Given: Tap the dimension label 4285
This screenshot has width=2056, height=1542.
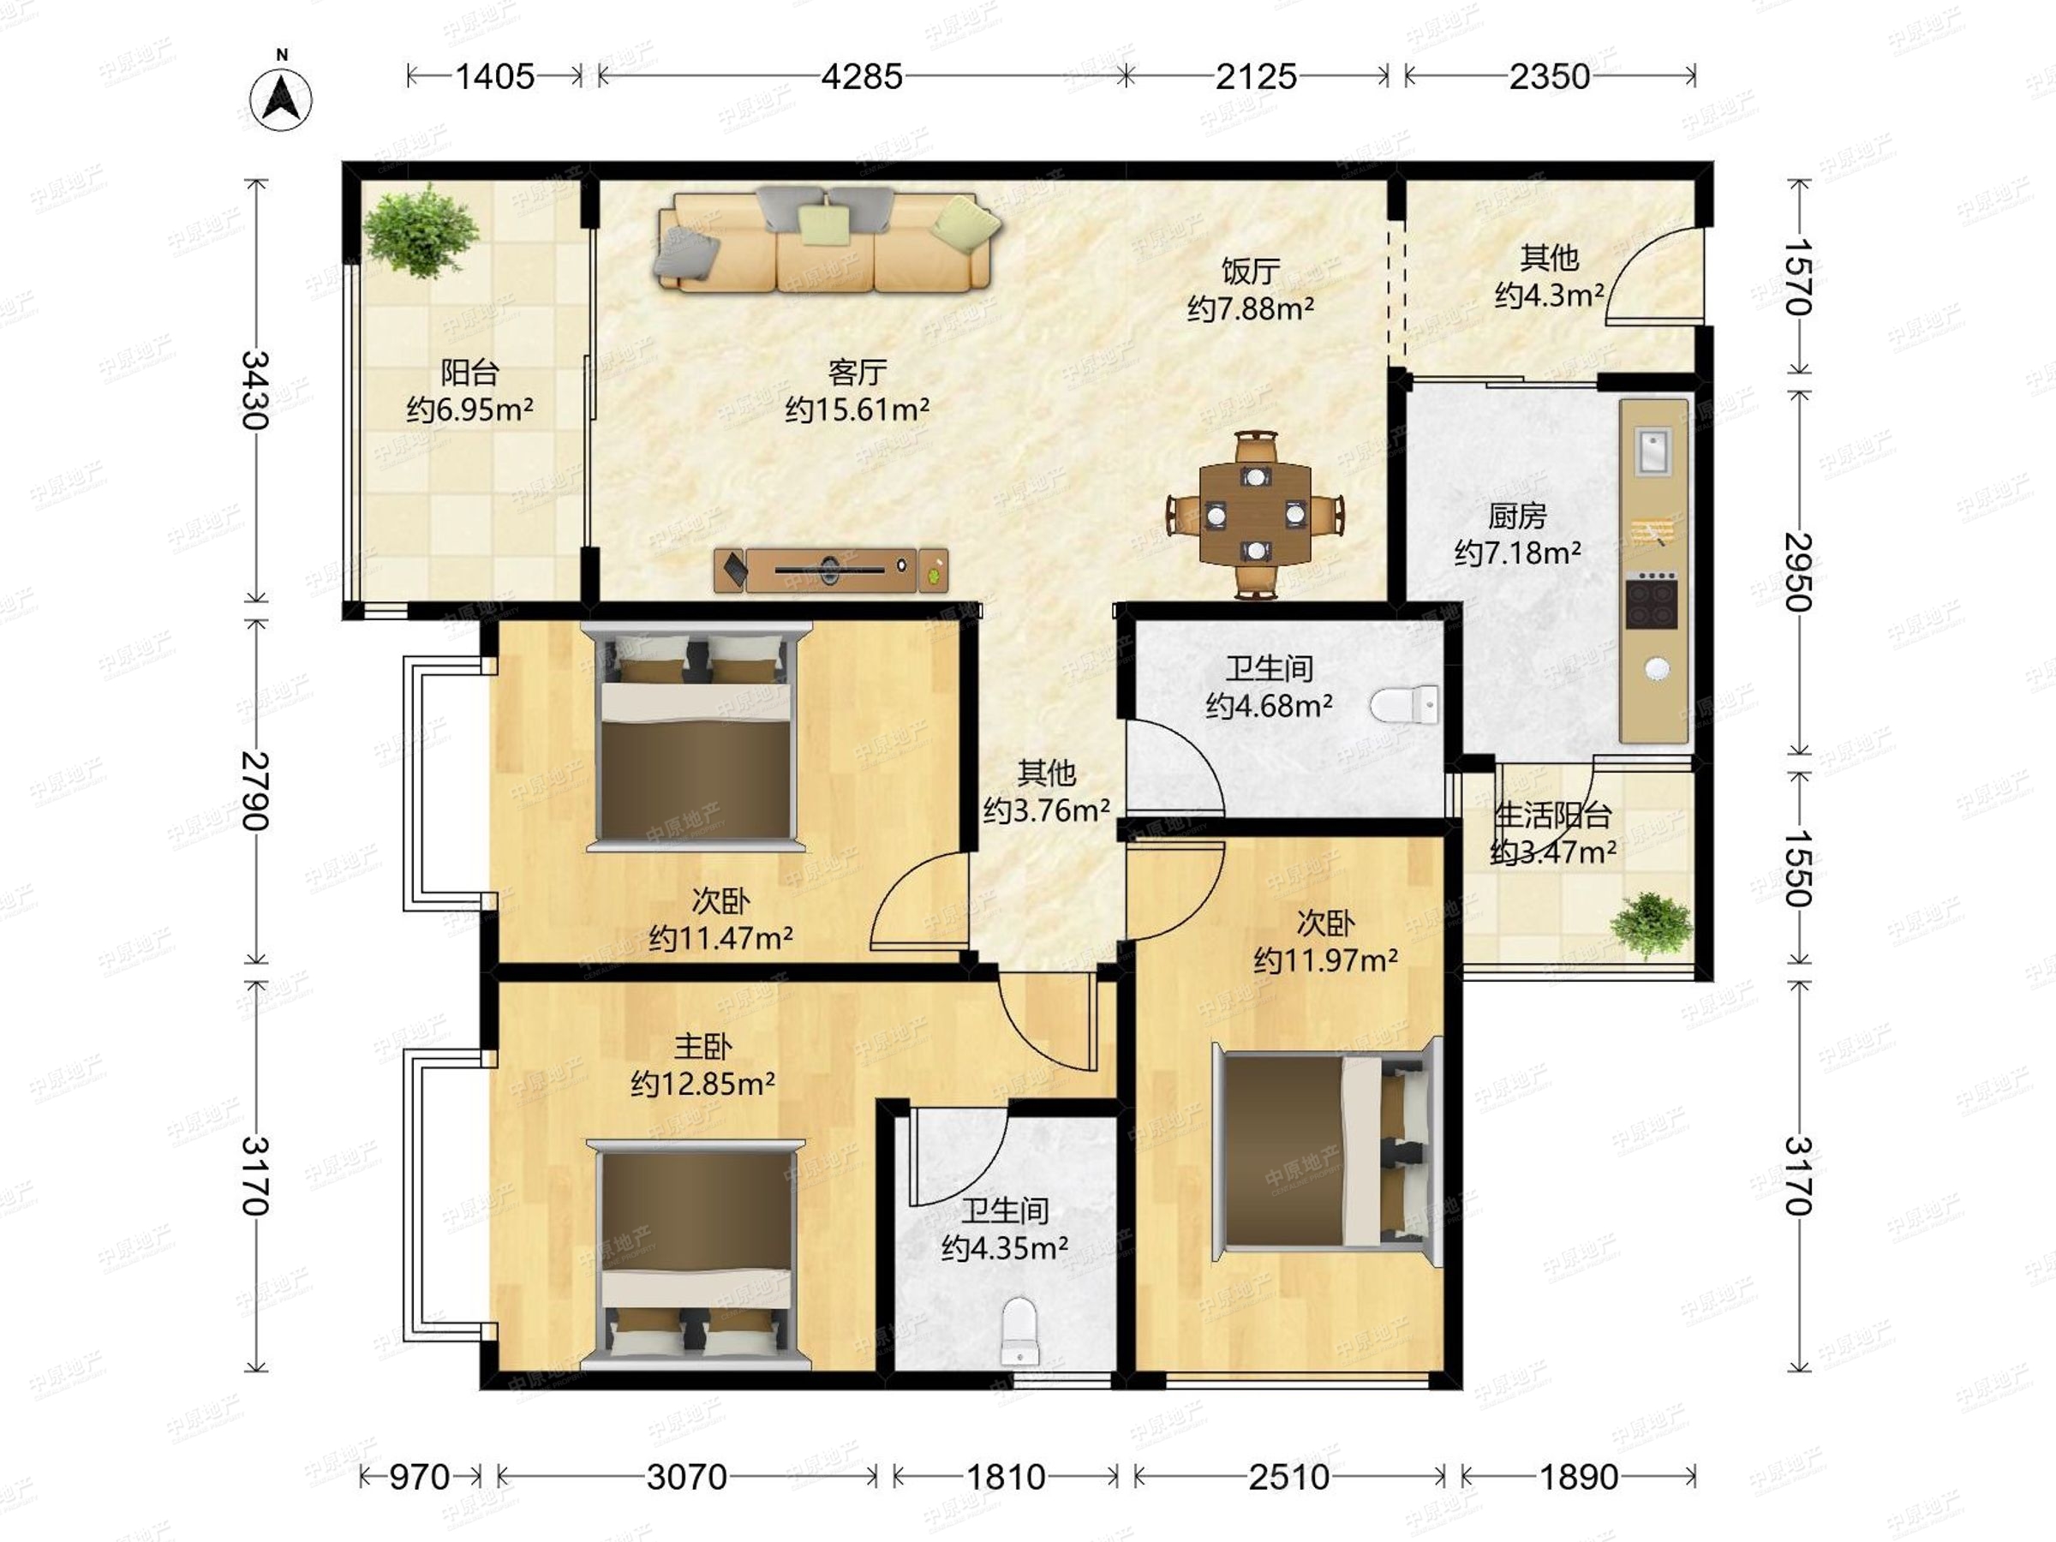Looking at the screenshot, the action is click(x=862, y=76).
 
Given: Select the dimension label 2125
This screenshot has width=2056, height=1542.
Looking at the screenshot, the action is click(x=1256, y=76).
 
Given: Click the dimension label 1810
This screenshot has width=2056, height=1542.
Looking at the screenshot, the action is click(x=1006, y=1476).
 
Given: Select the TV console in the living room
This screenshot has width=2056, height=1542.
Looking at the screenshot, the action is click(x=831, y=569).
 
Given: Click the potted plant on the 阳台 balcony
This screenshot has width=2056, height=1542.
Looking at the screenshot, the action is click(x=421, y=230).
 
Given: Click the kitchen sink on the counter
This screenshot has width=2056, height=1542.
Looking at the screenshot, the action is click(x=1653, y=451).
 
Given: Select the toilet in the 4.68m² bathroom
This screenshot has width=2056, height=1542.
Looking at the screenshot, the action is click(x=1404, y=704).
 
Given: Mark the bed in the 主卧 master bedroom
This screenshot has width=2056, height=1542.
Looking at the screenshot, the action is click(x=696, y=1255).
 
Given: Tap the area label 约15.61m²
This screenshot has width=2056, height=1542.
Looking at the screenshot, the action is click(x=857, y=409).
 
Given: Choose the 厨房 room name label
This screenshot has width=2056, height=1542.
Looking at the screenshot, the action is click(x=1517, y=515).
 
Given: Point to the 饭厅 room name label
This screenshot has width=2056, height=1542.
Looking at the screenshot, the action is click(x=1250, y=272).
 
